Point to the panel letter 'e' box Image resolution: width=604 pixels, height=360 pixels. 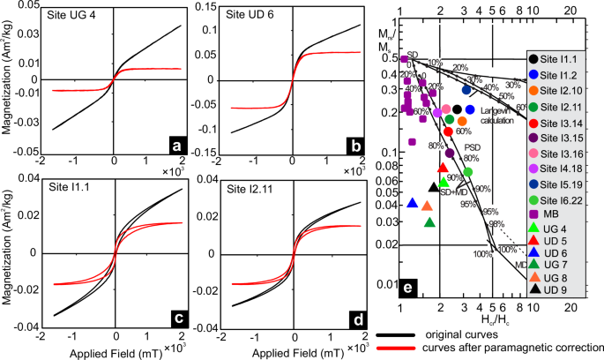click(407, 287)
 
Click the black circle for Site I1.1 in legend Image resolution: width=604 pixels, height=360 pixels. click(536, 59)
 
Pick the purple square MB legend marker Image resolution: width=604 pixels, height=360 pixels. click(536, 213)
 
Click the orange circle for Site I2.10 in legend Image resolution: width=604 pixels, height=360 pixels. click(536, 90)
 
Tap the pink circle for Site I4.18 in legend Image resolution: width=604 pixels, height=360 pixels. click(536, 167)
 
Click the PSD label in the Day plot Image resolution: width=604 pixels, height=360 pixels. click(473, 146)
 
